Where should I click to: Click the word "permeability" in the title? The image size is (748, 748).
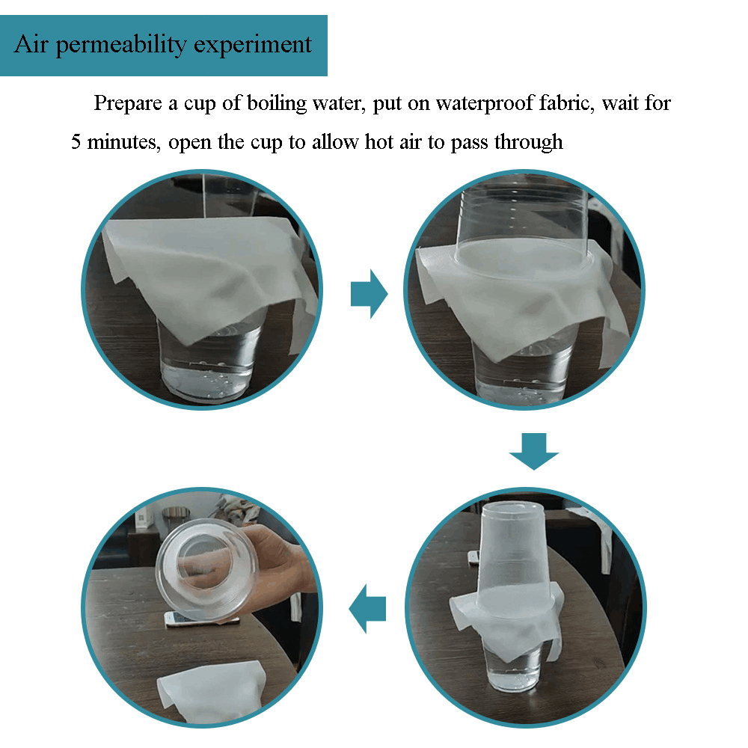click(121, 46)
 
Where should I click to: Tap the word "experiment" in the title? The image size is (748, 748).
click(253, 46)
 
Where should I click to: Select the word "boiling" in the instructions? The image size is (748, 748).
click(277, 103)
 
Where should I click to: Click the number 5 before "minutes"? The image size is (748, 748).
click(76, 141)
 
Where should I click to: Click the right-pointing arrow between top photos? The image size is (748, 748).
click(370, 293)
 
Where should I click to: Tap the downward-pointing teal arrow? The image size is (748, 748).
click(534, 451)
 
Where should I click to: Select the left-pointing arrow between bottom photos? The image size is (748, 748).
click(367, 609)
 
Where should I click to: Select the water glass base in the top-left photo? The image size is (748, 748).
click(207, 367)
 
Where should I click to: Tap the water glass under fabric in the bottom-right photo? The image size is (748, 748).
click(513, 666)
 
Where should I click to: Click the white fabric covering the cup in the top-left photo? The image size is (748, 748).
click(205, 272)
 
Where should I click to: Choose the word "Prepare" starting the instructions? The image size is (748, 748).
click(128, 104)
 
